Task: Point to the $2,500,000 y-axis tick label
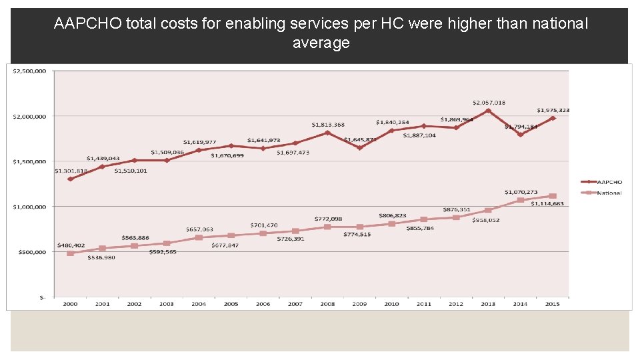pos(29,71)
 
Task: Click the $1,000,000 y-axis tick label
pos(29,207)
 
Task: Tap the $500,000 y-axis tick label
pos(31,252)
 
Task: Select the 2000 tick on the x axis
pos(70,304)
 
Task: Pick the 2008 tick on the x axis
pos(327,304)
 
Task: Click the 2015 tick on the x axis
pos(553,304)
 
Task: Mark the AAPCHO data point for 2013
pos(488,111)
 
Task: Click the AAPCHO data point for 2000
pos(70,179)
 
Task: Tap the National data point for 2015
pos(553,197)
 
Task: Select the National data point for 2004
pos(199,237)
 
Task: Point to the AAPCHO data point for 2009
pos(359,148)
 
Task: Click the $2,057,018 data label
pos(489,103)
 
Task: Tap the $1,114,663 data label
pos(547,204)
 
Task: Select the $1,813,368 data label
pos(328,125)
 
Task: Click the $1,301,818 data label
pos(71,171)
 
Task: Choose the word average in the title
pos(321,43)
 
